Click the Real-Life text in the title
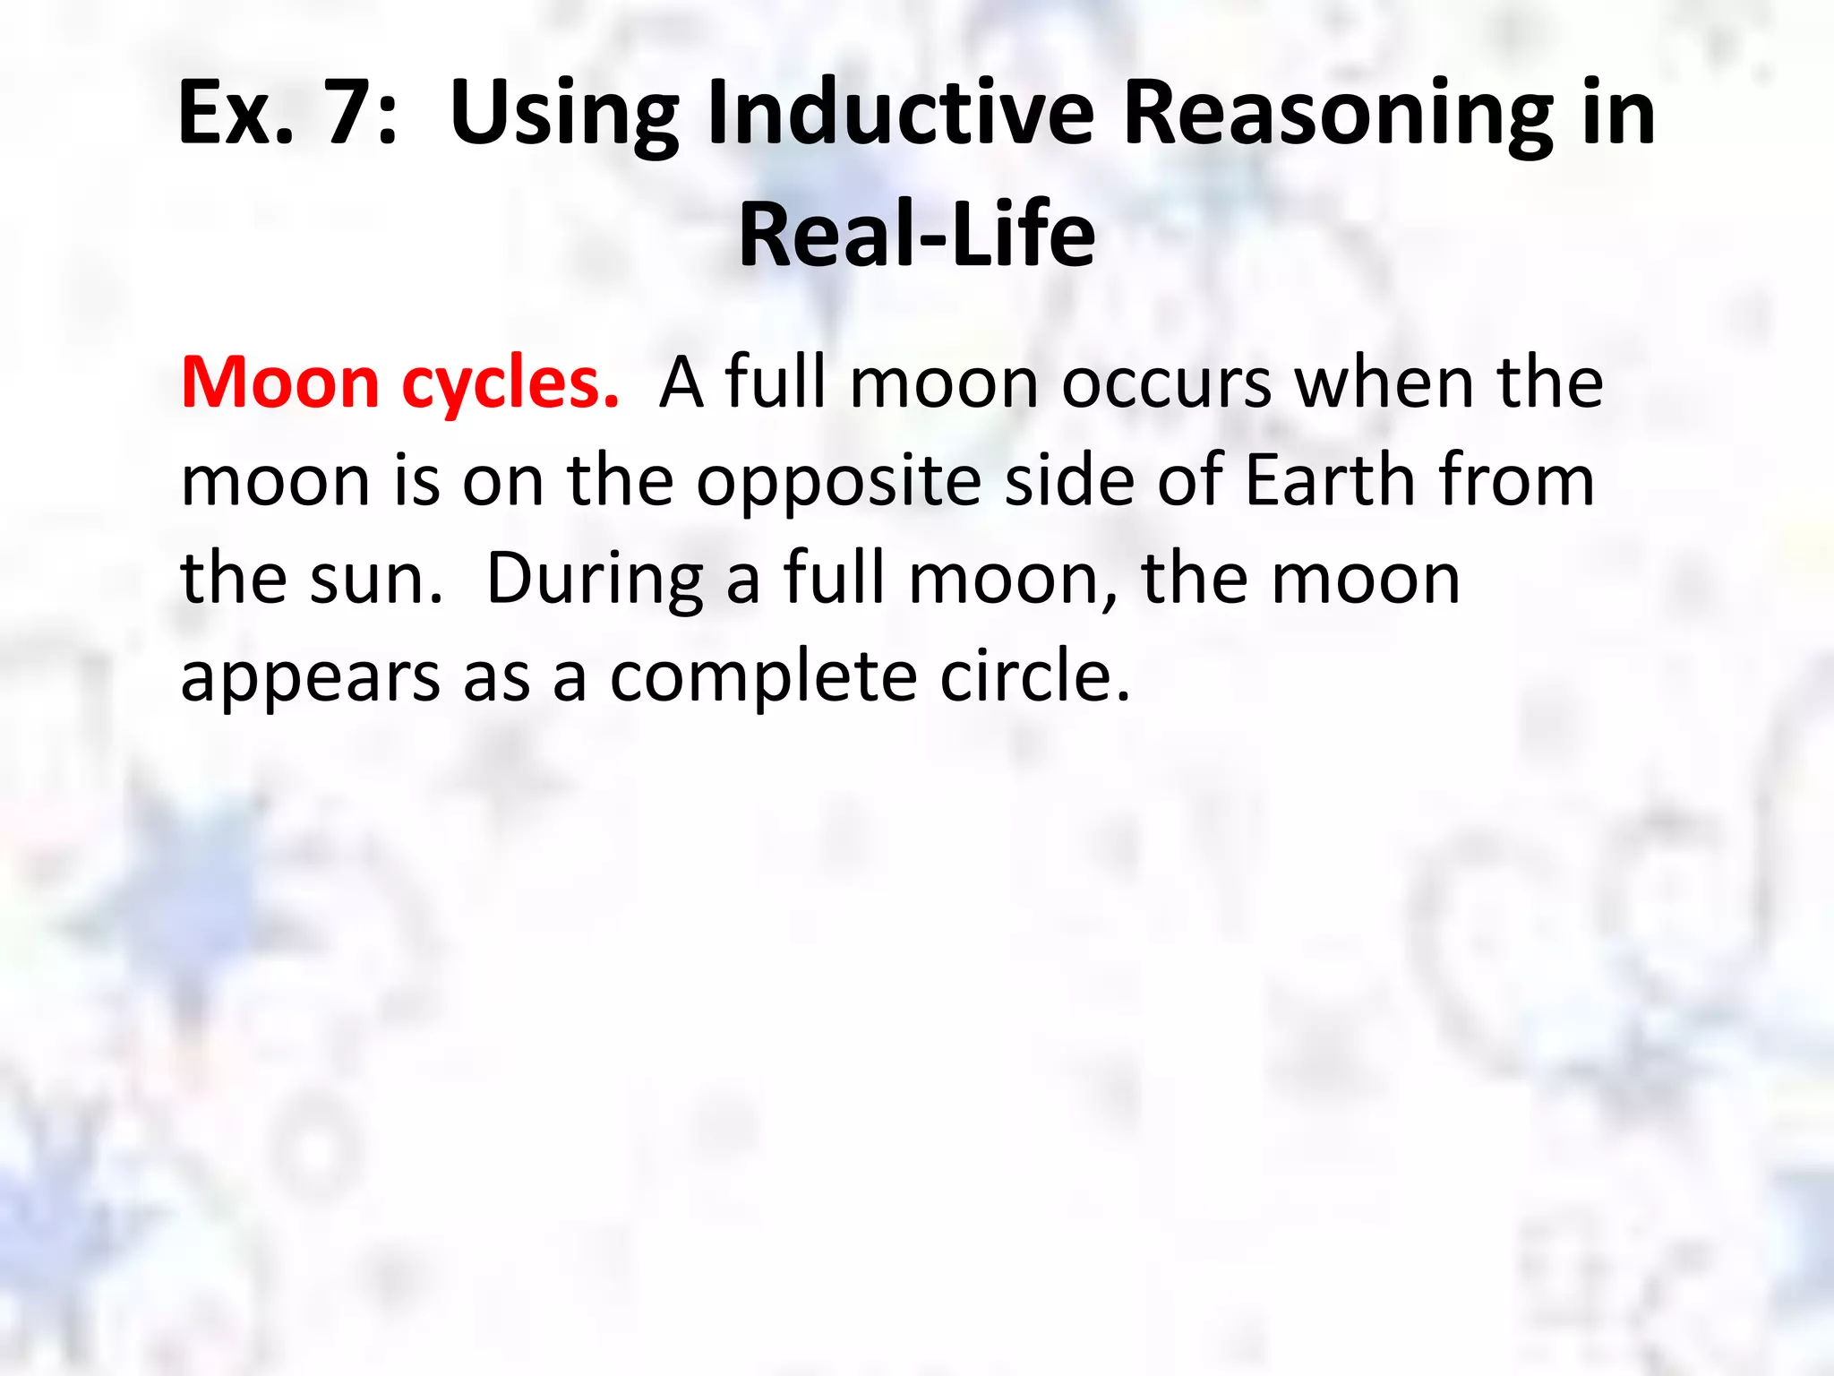(x=917, y=235)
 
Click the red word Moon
(x=280, y=383)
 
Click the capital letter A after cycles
(x=681, y=383)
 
